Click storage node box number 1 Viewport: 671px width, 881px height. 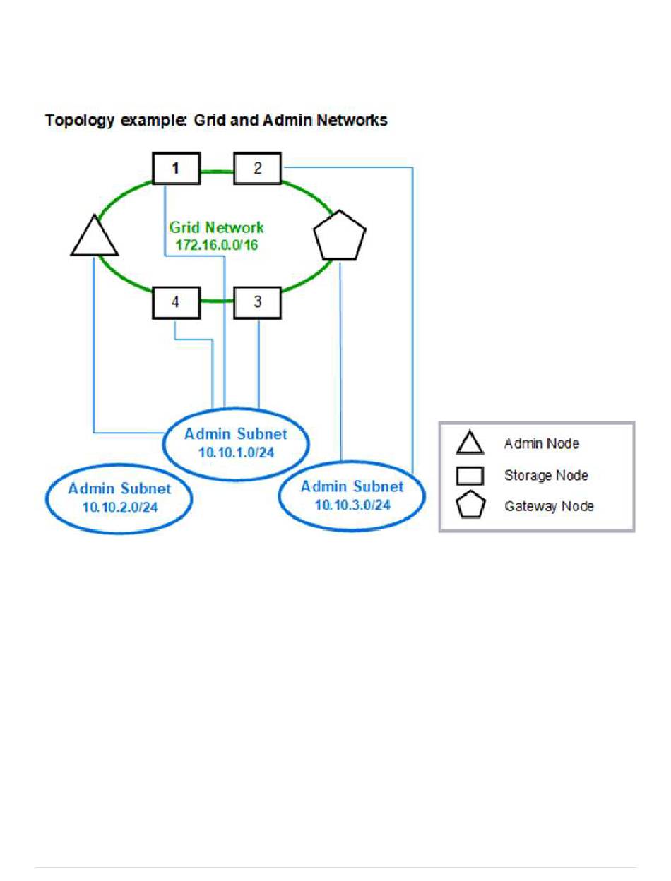(176, 169)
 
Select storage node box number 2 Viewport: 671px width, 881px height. (257, 169)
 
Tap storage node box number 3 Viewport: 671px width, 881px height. (257, 301)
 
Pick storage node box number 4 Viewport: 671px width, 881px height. (176, 301)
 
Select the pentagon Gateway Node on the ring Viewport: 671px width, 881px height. (340, 235)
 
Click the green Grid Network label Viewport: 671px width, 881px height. (216, 228)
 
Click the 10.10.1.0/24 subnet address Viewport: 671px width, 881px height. (236, 452)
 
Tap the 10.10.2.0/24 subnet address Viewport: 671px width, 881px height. (120, 505)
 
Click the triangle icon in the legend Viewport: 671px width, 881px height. (470, 444)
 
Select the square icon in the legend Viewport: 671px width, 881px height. (470, 475)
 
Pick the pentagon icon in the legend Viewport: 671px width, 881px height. (470, 506)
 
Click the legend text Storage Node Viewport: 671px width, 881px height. (545, 476)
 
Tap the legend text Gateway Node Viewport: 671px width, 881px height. (549, 506)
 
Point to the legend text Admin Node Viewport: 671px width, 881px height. (540, 444)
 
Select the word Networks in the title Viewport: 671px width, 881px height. (352, 121)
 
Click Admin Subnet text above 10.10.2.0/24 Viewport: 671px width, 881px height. (120, 489)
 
